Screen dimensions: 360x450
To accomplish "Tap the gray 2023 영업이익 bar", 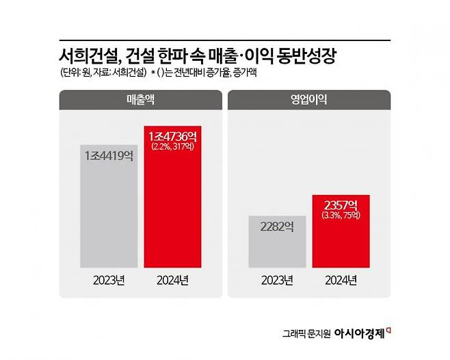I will click(x=276, y=246).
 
